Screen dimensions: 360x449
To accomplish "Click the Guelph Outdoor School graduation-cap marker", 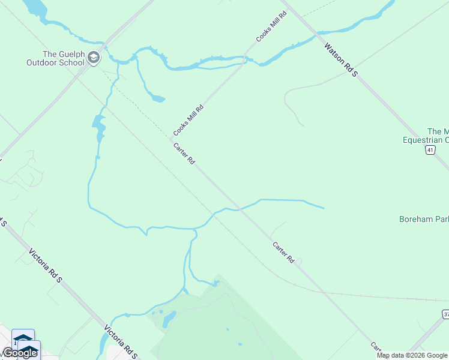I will click(93, 58).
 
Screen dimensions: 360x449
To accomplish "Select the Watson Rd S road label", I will click(340, 59).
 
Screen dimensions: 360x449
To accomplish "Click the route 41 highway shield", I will click(430, 150).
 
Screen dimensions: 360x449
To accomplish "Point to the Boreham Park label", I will click(423, 219).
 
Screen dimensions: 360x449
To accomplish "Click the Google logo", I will click(20, 353).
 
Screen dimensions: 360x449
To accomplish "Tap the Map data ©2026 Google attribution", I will click(412, 355).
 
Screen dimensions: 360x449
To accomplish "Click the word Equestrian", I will click(425, 140).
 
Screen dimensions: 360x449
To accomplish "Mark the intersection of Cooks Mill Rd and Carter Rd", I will click(170, 139).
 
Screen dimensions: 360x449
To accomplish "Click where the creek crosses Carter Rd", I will click(238, 209).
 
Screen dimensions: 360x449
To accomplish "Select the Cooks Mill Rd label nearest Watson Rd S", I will click(272, 26).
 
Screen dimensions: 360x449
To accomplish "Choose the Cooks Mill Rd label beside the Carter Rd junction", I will click(189, 120).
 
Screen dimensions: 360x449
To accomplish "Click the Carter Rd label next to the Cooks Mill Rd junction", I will click(184, 155).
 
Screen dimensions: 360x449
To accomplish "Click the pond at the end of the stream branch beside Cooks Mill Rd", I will click(157, 98).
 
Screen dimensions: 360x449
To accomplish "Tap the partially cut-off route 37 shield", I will click(445, 314).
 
